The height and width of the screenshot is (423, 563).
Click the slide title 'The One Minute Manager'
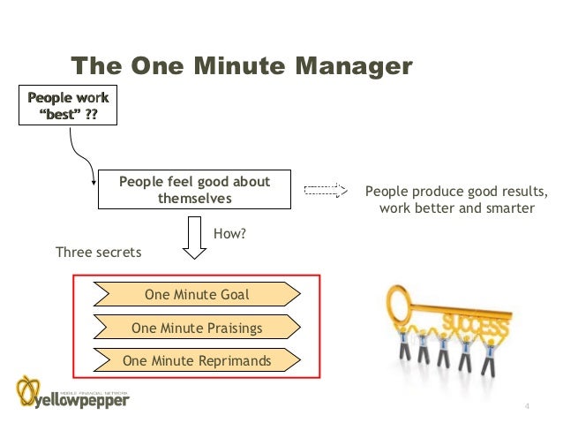pyautogui.click(x=241, y=66)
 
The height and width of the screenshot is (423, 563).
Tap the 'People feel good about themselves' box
pyautogui.click(x=194, y=190)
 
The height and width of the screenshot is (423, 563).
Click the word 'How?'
pyautogui.click(x=229, y=234)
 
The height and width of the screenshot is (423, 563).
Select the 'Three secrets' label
pyautogui.click(x=98, y=253)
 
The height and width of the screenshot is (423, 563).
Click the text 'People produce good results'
pyautogui.click(x=456, y=192)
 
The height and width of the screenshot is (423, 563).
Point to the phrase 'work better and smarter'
pyautogui.click(x=456, y=208)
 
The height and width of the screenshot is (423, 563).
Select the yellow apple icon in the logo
pyautogui.click(x=29, y=390)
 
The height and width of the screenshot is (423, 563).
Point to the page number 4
pyautogui.click(x=527, y=406)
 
